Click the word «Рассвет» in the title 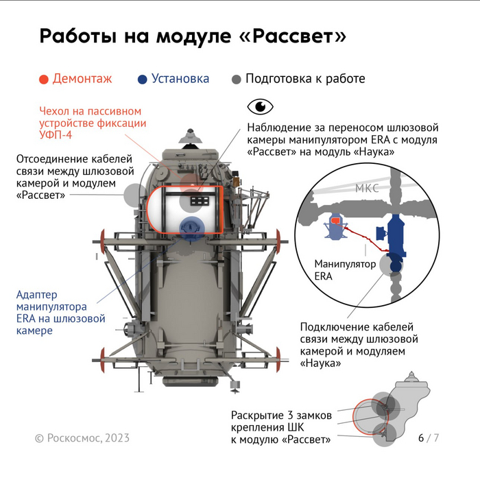[292, 36]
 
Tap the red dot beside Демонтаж [44, 80]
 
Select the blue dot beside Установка [143, 80]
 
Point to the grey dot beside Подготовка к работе [237, 80]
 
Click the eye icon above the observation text [260, 106]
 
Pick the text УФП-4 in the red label [56, 134]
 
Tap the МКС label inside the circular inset [367, 188]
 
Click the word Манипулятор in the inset [345, 264]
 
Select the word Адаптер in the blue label [37, 295]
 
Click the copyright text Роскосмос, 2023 [88, 438]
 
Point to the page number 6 [421, 437]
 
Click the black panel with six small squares [200, 201]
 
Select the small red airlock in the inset [336, 220]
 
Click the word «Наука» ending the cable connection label [320, 363]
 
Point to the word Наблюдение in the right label [277, 128]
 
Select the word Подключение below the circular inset [333, 327]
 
